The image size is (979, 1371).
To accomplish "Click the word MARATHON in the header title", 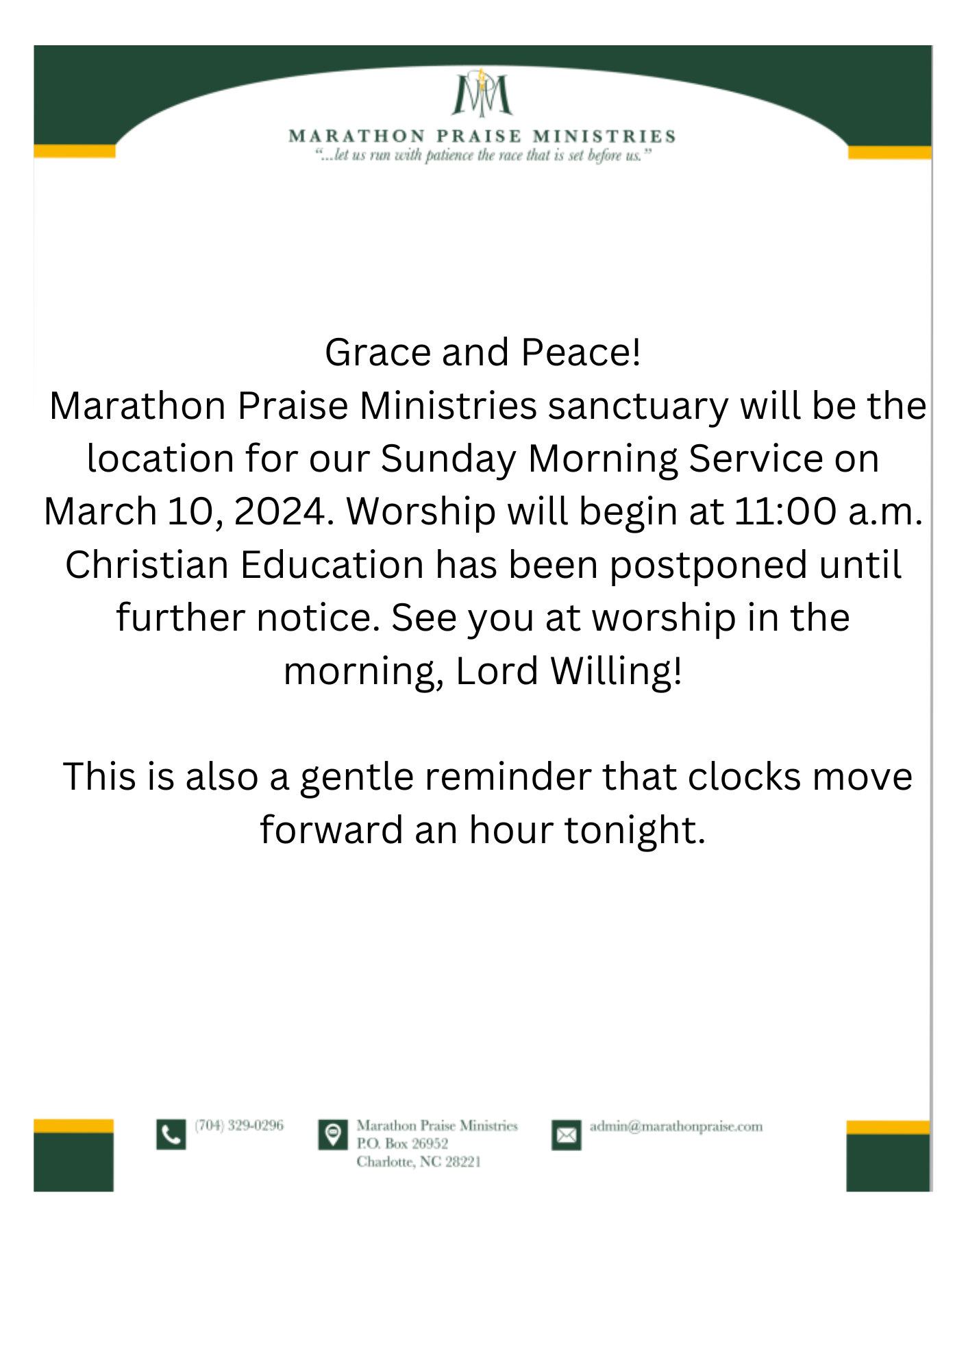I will (x=356, y=136).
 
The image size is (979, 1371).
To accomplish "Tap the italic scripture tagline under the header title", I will (x=482, y=156).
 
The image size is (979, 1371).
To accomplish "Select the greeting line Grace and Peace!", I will (x=482, y=352).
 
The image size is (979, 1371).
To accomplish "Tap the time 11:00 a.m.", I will (x=828, y=511).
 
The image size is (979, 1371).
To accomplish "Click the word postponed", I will (x=708, y=565).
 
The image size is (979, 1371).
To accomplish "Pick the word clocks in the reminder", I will (x=744, y=777).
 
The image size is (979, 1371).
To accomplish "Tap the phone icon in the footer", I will (x=171, y=1135).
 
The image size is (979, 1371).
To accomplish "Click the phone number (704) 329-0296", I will (x=239, y=1126).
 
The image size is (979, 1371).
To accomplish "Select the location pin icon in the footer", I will (x=333, y=1135).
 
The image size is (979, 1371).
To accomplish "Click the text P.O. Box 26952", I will (x=402, y=1143).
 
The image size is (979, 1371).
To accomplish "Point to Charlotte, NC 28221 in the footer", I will (x=419, y=1162).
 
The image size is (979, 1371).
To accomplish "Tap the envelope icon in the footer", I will (x=566, y=1136).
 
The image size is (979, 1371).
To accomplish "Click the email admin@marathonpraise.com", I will (x=676, y=1126).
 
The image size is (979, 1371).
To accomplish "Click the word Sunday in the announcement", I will (x=448, y=459).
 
